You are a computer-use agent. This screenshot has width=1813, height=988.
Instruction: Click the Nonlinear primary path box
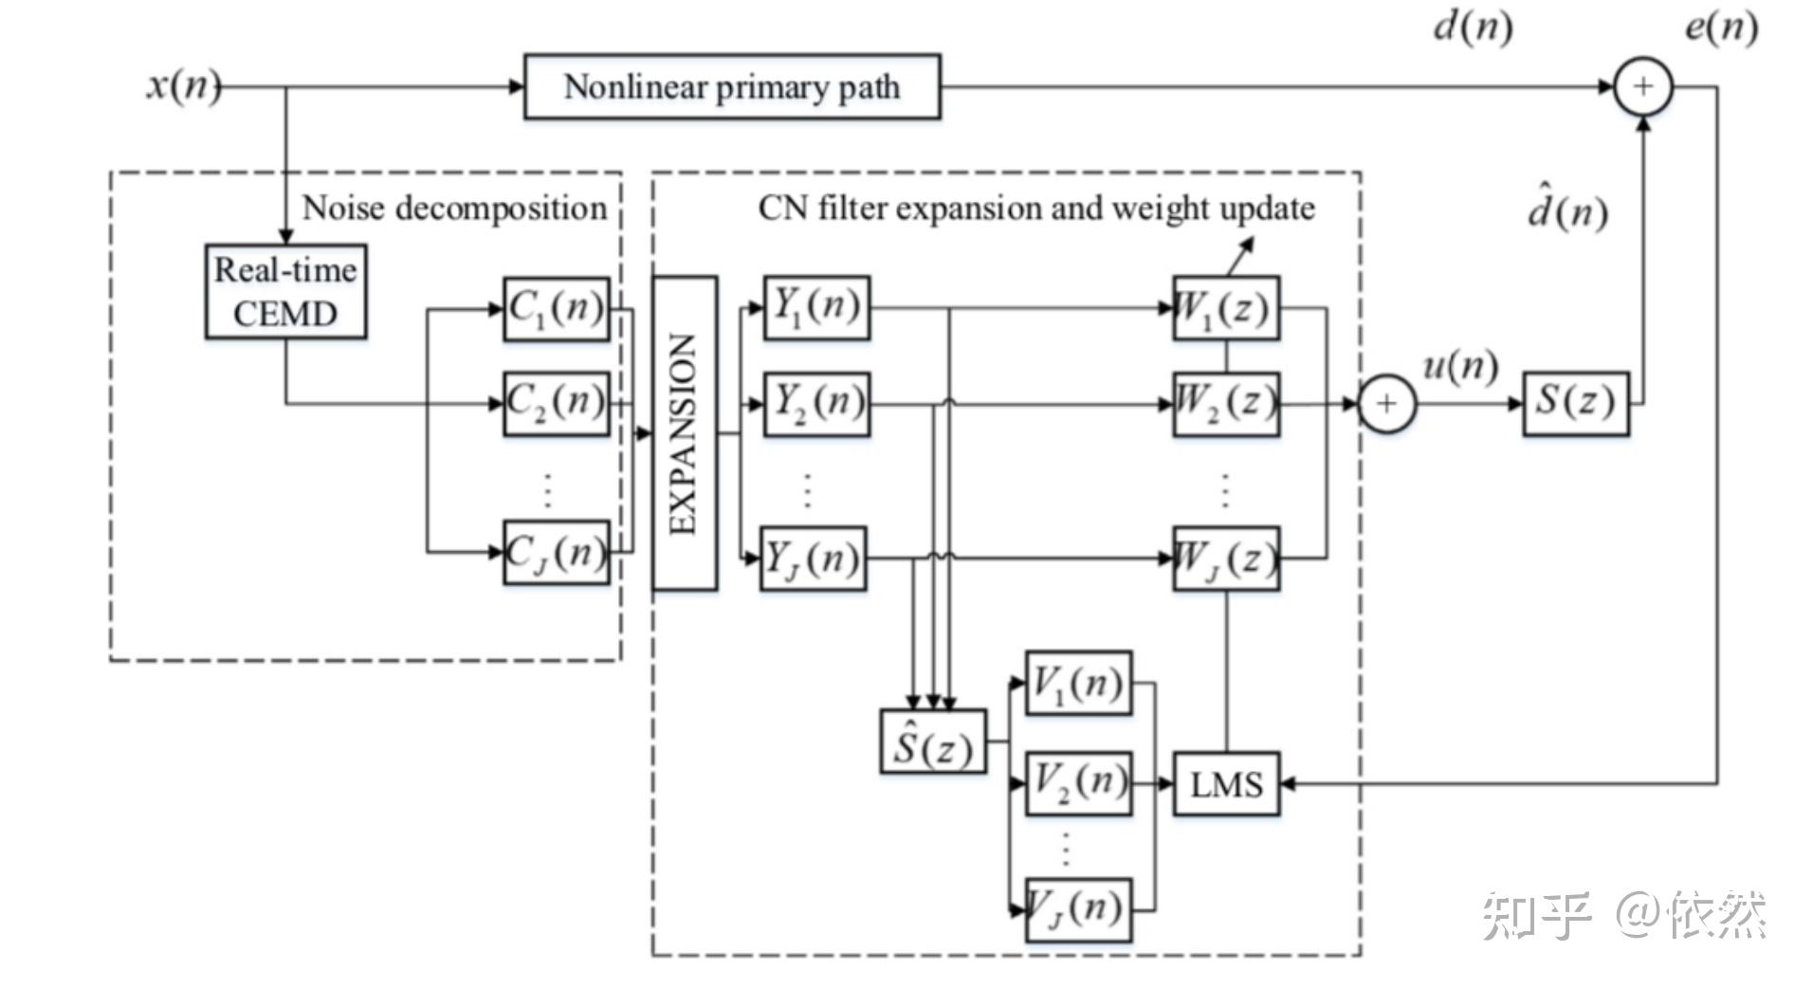pyautogui.click(x=732, y=87)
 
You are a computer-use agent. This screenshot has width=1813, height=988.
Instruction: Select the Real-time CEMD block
pyautogui.click(x=285, y=292)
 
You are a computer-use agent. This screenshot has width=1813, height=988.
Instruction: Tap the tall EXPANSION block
pyautogui.click(x=684, y=433)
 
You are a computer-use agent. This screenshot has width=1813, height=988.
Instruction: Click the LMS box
pyautogui.click(x=1226, y=784)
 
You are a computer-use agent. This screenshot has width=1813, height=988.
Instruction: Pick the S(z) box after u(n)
pyautogui.click(x=1575, y=403)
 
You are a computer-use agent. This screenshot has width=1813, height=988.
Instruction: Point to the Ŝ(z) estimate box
pyautogui.click(x=933, y=742)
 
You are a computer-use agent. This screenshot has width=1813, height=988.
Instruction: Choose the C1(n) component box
pyautogui.click(x=556, y=308)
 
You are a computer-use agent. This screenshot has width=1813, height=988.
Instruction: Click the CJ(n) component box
pyautogui.click(x=556, y=552)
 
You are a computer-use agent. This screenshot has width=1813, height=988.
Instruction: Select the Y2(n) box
pyautogui.click(x=816, y=404)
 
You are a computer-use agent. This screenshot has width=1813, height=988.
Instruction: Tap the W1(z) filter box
pyautogui.click(x=1225, y=308)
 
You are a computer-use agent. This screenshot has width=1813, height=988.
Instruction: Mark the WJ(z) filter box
pyautogui.click(x=1225, y=559)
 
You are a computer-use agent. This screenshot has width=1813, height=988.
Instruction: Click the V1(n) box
pyautogui.click(x=1078, y=683)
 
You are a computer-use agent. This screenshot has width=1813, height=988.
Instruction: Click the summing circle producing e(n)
pyautogui.click(x=1642, y=87)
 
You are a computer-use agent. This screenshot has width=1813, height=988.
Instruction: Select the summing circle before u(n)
pyautogui.click(x=1386, y=404)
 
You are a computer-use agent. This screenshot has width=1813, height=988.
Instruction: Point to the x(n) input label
pyautogui.click(x=183, y=85)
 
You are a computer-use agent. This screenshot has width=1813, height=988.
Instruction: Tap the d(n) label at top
pyautogui.click(x=1472, y=27)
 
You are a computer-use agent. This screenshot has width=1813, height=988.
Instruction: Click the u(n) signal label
pyautogui.click(x=1460, y=365)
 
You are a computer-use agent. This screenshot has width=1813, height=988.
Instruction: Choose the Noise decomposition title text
pyautogui.click(x=454, y=209)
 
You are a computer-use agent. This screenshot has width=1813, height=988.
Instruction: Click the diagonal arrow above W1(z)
pyautogui.click(x=1241, y=254)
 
